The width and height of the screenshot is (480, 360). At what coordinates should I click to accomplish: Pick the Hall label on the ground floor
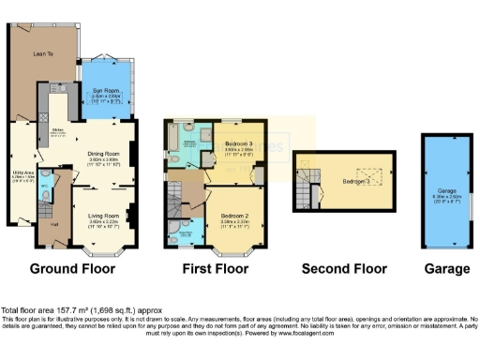[x=52, y=223]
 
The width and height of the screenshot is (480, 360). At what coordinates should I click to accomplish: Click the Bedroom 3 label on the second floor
[x=354, y=180]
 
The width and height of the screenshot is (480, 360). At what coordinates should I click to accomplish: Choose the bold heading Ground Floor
[x=72, y=268]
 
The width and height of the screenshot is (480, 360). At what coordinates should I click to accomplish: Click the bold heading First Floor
[x=217, y=268]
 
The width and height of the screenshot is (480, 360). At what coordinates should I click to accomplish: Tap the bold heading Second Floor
[x=344, y=268]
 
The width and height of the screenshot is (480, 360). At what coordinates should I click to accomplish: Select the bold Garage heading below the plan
[x=447, y=268]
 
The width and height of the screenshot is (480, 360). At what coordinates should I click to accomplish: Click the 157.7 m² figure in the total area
[x=67, y=310]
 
